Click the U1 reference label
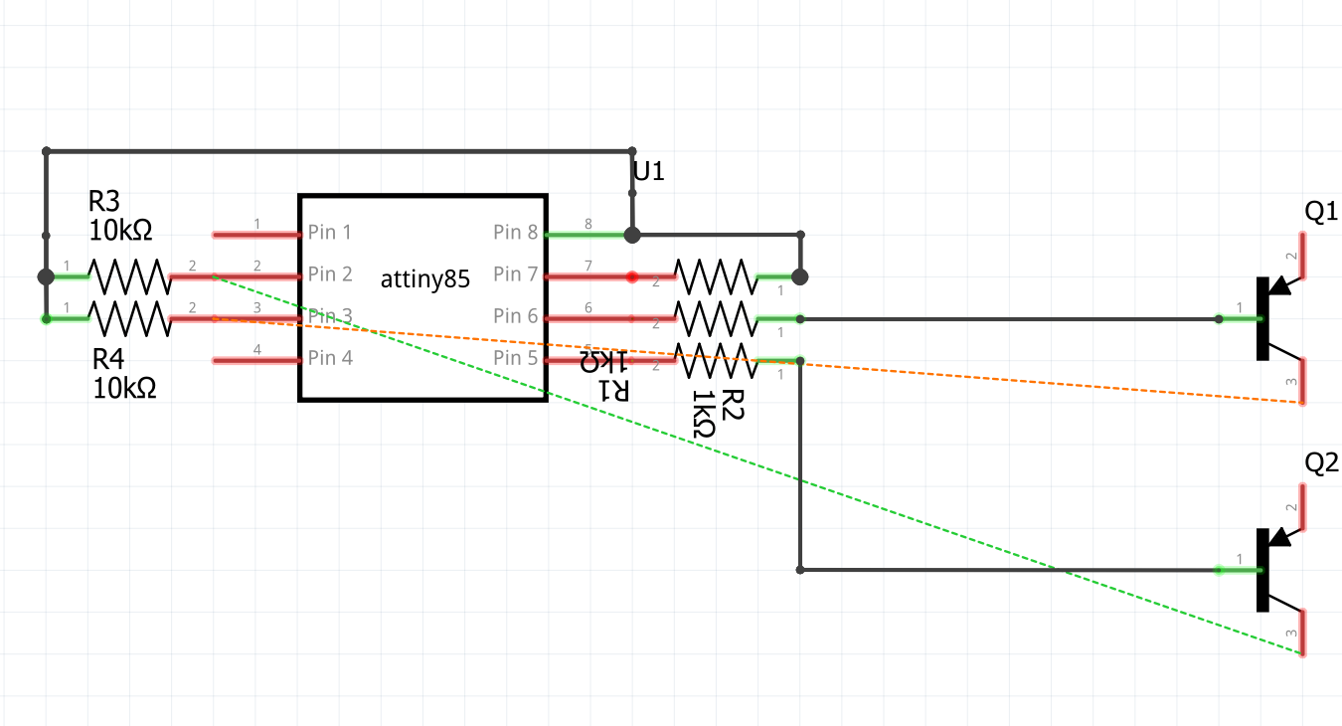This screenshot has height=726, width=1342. point(648,172)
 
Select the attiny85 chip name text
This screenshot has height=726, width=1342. point(424,279)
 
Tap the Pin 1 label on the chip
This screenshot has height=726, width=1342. point(330,233)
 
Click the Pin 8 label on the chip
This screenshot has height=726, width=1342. point(515,233)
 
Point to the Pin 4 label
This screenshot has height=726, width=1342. point(330,358)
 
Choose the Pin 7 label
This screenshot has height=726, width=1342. point(515,274)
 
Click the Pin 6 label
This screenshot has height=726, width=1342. point(515,316)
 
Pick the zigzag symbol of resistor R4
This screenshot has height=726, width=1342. point(129,318)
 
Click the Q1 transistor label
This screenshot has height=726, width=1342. point(1321,212)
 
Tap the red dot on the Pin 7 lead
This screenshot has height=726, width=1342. point(631,276)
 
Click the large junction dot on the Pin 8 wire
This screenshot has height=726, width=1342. point(631,236)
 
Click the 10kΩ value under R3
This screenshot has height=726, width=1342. point(120,231)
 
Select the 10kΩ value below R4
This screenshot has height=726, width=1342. point(124,388)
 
